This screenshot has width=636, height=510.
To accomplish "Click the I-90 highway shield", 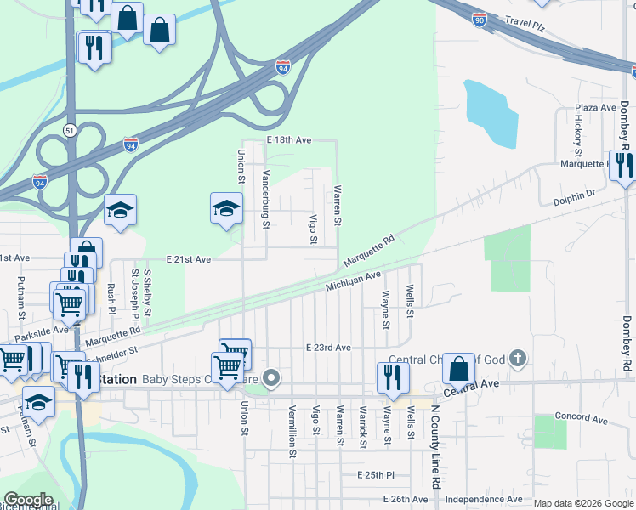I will coord(480,20).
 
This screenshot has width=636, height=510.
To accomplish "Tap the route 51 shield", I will coord(69,129).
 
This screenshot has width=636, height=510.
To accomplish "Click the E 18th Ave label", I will coord(289,139).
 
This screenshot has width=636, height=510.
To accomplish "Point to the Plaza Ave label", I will coord(595,108).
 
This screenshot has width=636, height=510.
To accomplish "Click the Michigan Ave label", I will coord(353,281).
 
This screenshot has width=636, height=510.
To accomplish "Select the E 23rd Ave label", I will coord(328,348).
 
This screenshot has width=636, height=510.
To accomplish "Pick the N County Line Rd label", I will coord(434,457).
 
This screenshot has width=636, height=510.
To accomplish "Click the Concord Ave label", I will coord(582,419).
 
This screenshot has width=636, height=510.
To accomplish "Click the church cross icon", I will coord(518,360).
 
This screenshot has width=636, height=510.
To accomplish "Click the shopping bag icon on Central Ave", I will coord(458,368).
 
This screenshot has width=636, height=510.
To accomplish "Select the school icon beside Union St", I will coord(226,207).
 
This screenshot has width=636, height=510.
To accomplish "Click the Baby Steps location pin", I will coord(271,378).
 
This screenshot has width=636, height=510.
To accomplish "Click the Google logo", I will coord(28,500).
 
